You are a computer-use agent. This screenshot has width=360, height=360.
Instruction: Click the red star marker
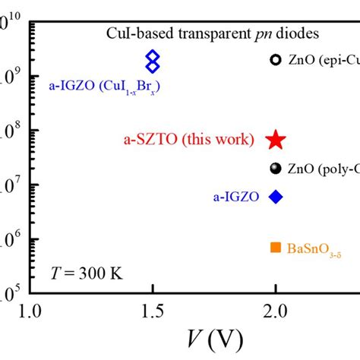pyautogui.click(x=276, y=139)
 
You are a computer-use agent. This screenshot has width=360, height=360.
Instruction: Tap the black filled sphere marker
pyautogui.click(x=276, y=169)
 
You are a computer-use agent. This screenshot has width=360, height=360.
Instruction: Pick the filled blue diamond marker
pyautogui.click(x=276, y=197)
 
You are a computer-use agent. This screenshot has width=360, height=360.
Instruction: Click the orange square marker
pyautogui.click(x=276, y=248)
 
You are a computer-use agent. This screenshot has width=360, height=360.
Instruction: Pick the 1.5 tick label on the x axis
pyautogui.click(x=153, y=311)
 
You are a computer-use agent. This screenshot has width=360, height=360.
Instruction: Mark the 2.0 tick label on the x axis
pyautogui.click(x=276, y=311)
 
